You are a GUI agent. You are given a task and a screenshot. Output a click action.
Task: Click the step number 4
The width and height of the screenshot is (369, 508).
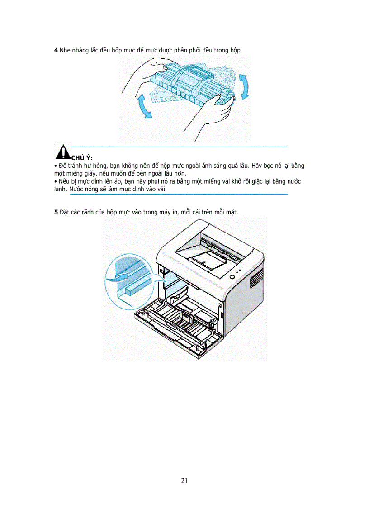click(x=56, y=50)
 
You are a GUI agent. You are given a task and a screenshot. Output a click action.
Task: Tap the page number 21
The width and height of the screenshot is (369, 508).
click(x=184, y=480)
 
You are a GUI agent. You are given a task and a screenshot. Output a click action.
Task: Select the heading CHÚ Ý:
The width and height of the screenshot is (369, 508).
click(x=82, y=158)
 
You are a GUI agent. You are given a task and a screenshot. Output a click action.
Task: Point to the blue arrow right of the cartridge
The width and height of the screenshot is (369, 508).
click(x=244, y=86)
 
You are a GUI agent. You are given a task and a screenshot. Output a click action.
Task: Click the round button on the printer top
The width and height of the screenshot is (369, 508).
click(x=232, y=276)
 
